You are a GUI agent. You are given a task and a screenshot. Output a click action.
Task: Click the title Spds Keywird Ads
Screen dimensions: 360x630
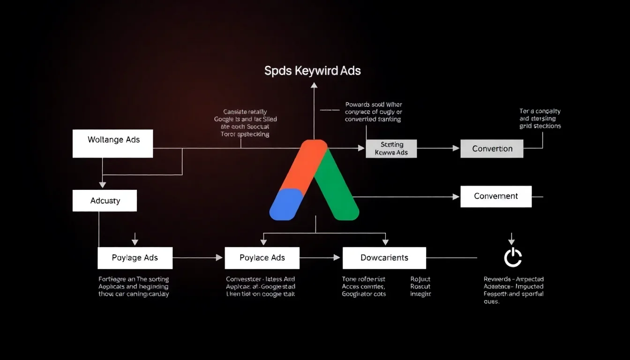coord(312,71)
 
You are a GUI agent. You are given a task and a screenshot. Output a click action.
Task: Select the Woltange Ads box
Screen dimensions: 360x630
coord(113,143)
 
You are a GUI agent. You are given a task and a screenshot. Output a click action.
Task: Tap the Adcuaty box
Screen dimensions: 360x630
coord(105,201)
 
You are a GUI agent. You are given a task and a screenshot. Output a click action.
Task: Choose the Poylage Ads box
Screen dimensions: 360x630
coord(135,258)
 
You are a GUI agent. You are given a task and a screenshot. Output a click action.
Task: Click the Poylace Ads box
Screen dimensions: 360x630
coord(262,258)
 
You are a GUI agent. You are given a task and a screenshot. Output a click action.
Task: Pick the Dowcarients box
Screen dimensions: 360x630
coord(384,258)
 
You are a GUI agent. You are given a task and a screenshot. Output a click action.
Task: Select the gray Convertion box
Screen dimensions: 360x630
coord(492,149)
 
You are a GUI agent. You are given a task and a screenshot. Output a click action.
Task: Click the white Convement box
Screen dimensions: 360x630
coord(496,196)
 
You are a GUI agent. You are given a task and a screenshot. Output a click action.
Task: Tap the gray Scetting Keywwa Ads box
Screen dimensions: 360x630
coord(391,148)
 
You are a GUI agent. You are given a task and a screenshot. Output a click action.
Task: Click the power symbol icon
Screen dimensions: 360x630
coord(513,257)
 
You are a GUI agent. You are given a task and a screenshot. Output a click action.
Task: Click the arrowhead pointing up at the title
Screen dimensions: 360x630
coord(314,85)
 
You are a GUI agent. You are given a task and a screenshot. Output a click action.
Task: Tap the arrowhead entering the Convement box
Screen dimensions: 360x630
coord(456,197)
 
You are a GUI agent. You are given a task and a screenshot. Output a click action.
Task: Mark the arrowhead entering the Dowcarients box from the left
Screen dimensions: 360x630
coord(336,257)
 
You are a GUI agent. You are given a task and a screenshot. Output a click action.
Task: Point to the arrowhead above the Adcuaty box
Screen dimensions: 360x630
coord(103,185)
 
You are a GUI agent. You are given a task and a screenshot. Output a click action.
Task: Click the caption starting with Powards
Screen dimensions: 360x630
coord(373,112)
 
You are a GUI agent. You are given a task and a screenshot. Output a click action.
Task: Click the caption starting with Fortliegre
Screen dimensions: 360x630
coord(134,287)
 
